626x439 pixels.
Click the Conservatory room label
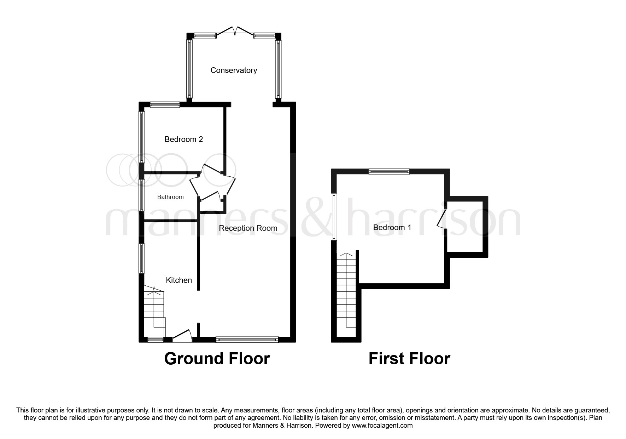click(x=234, y=70)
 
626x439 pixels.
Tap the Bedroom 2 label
click(x=183, y=139)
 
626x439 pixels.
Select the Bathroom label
click(x=170, y=197)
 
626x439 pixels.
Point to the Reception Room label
click(x=248, y=228)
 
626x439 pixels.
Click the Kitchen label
click(x=179, y=280)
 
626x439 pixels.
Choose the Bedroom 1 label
click(x=392, y=228)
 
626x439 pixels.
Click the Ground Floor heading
click(x=217, y=359)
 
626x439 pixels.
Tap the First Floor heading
click(x=409, y=359)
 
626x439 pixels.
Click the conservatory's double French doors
click(x=235, y=31)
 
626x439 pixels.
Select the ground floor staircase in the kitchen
click(x=154, y=312)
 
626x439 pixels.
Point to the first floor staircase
click(x=346, y=294)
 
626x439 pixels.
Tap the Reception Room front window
click(x=247, y=340)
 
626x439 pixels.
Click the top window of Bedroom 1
click(x=389, y=172)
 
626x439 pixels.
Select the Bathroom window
click(x=141, y=195)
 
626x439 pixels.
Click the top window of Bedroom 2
click(x=164, y=105)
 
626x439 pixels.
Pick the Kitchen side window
click(x=141, y=258)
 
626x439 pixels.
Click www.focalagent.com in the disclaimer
click(x=382, y=426)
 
